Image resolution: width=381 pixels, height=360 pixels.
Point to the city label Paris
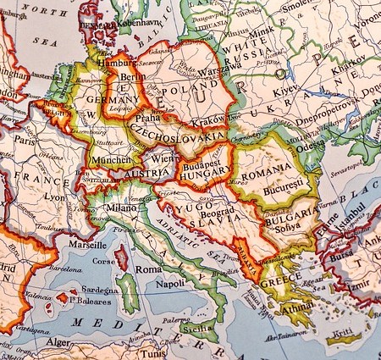[x=25, y=141]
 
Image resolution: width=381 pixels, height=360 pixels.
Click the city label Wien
[x=161, y=156]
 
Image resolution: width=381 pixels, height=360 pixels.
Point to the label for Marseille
[x=88, y=244]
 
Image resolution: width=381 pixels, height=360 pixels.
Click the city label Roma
[x=148, y=269]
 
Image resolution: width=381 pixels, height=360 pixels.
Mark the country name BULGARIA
[x=292, y=217]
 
